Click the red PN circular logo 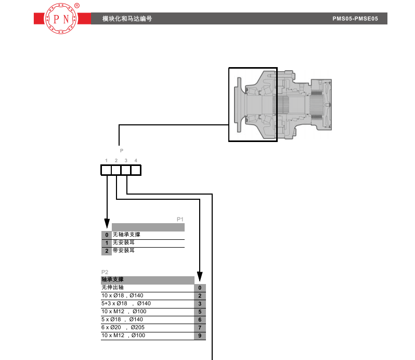pos(61,19)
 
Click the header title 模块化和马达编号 pos(127,19)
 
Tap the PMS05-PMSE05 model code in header pos(355,19)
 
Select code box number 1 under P pos(106,170)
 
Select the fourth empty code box pos(136,170)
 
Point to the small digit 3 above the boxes pos(126,160)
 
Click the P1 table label pos(180,219)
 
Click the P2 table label pos(105,272)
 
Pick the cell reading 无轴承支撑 pos(126,235)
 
